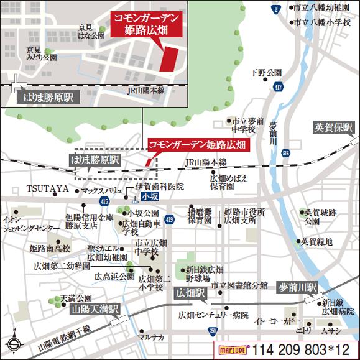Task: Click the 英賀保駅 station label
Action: point(333,127)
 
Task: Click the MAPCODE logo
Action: point(231,349)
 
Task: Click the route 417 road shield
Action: point(276,88)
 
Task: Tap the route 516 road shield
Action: point(285,152)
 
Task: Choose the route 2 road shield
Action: point(275,8)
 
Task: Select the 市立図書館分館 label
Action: point(239,285)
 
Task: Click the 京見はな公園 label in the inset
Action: point(91,32)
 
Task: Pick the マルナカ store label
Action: point(151,338)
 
